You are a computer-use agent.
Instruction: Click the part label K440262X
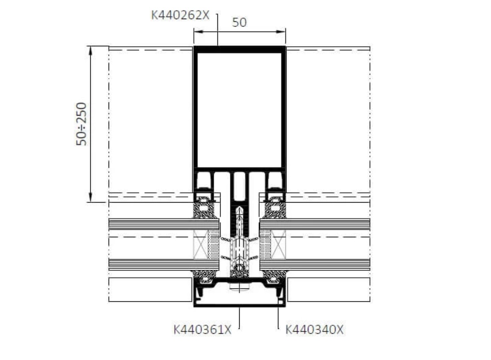(x=180, y=15)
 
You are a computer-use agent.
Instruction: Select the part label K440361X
(x=202, y=330)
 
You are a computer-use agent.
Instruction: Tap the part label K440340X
(x=314, y=330)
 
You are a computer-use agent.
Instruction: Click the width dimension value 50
(x=239, y=22)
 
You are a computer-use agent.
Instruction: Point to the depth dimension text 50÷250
(x=81, y=124)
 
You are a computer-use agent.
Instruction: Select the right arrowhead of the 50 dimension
(x=281, y=31)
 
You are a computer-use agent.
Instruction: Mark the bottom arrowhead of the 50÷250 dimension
(x=90, y=197)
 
